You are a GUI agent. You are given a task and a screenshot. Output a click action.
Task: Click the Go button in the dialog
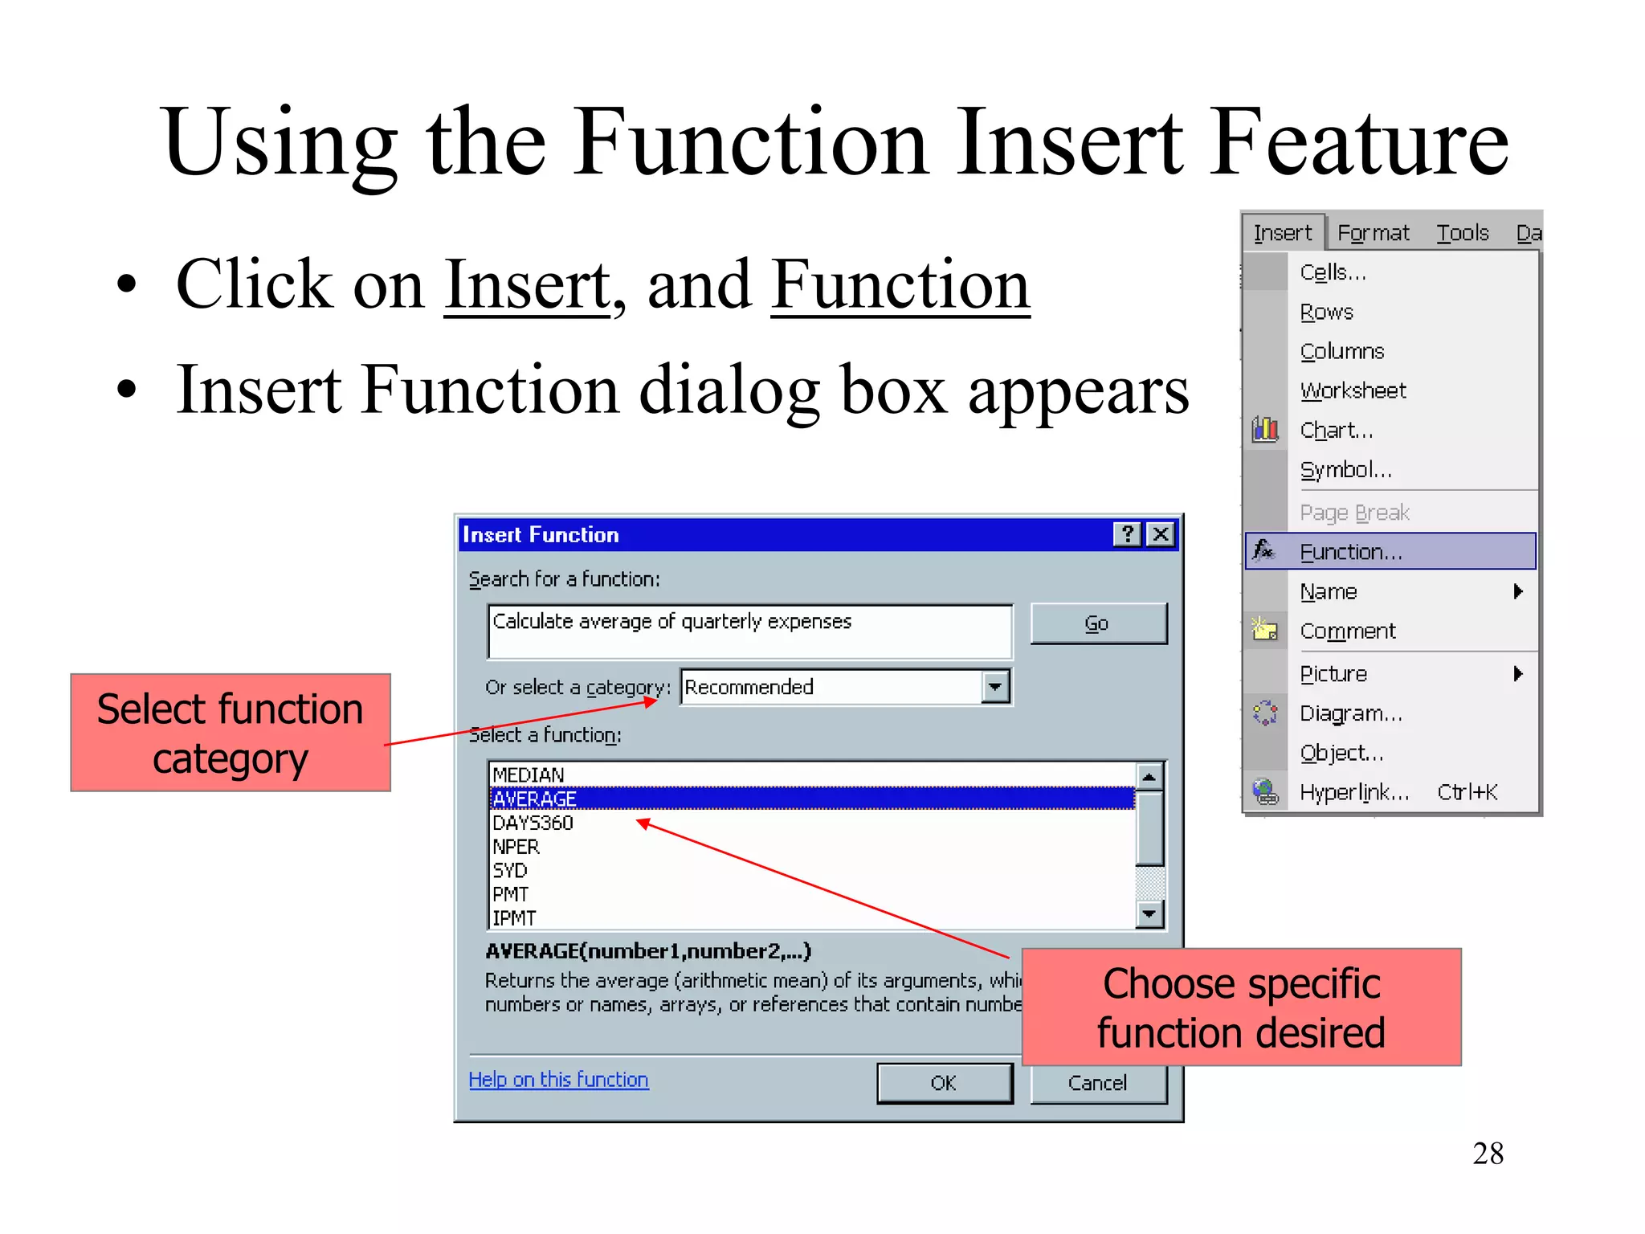click(x=1097, y=623)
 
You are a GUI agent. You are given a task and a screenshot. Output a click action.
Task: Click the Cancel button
click(x=1097, y=1083)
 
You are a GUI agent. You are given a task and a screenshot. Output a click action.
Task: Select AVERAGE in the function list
click(x=535, y=799)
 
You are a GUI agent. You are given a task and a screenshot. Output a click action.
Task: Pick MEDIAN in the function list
click(x=529, y=774)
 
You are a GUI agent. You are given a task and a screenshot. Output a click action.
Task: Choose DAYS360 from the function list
click(x=533, y=823)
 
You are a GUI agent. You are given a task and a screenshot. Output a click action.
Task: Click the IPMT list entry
click(x=514, y=917)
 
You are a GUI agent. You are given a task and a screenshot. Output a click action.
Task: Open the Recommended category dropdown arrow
click(x=995, y=687)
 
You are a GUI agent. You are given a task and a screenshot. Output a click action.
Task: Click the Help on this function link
click(x=558, y=1080)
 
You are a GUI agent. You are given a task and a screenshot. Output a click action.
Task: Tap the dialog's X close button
click(x=1161, y=534)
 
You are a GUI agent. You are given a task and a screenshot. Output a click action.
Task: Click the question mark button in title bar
click(x=1128, y=534)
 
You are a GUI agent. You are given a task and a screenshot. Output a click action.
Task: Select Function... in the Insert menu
click(x=1351, y=552)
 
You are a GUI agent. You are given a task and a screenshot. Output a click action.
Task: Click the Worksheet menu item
click(x=1353, y=390)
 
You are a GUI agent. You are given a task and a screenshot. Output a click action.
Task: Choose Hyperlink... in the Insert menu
click(x=1354, y=792)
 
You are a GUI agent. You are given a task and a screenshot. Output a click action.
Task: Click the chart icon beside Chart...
click(x=1265, y=429)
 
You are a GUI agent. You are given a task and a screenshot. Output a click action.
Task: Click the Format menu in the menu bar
click(x=1373, y=233)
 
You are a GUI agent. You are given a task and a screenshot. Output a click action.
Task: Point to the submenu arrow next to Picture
click(x=1517, y=673)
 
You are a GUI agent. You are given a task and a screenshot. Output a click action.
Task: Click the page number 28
click(x=1488, y=1154)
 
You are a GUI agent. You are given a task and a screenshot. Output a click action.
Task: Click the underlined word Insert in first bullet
click(x=527, y=285)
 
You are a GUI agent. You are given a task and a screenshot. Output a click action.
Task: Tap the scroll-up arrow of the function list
click(x=1149, y=776)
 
